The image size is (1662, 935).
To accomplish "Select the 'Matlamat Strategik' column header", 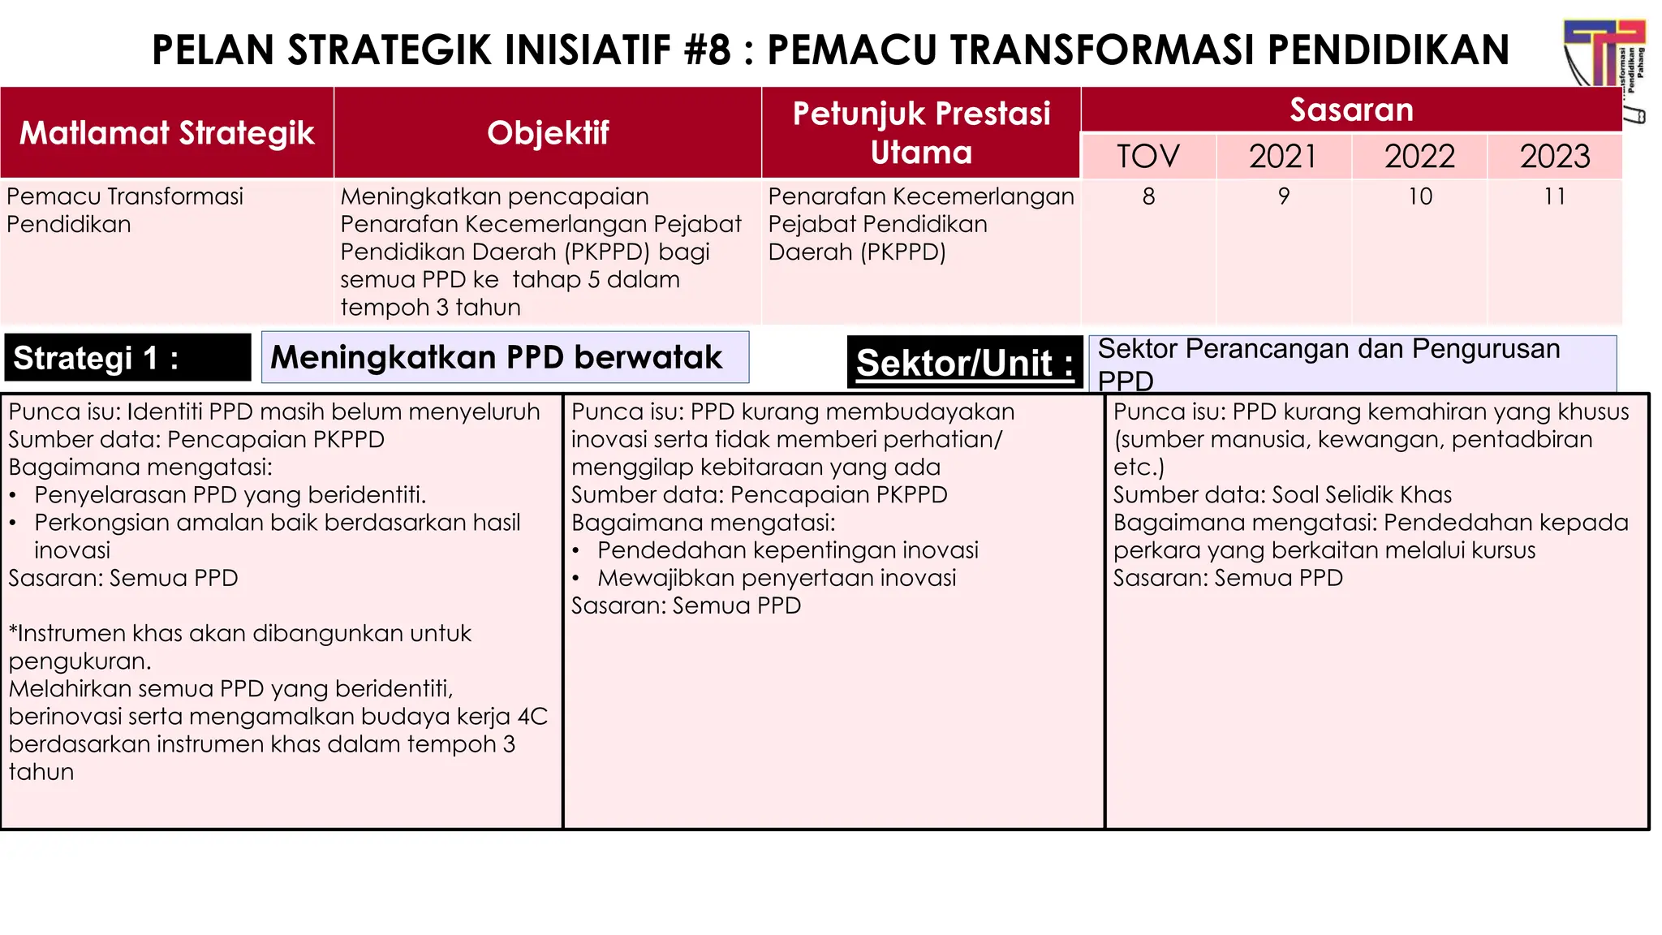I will pyautogui.click(x=166, y=133).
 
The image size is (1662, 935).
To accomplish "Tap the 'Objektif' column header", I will pyautogui.click(x=548, y=133).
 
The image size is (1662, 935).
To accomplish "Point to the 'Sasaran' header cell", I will pyautogui.click(x=1351, y=110).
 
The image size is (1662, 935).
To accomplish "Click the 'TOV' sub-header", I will pyautogui.click(x=1147, y=157).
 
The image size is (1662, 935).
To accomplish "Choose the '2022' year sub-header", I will pyautogui.click(x=1419, y=157).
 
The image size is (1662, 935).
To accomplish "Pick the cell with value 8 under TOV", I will pyautogui.click(x=1148, y=196).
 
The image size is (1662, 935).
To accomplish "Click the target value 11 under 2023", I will pyautogui.click(x=1554, y=196).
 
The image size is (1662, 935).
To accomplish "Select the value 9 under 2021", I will pyautogui.click(x=1283, y=196).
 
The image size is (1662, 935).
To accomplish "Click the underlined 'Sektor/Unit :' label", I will pyautogui.click(x=965, y=363).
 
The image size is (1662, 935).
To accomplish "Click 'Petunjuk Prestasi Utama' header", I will pyautogui.click(x=921, y=133).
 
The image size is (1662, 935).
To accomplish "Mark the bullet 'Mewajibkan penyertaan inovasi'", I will pyautogui.click(x=776, y=578).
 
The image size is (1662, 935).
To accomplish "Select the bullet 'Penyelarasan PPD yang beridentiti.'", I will pyautogui.click(x=230, y=495).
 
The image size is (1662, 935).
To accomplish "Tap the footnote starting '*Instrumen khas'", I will pyautogui.click(x=239, y=634).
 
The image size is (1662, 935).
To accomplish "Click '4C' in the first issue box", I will pyautogui.click(x=532, y=717).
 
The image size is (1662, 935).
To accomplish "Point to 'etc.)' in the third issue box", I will pyautogui.click(x=1139, y=467).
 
